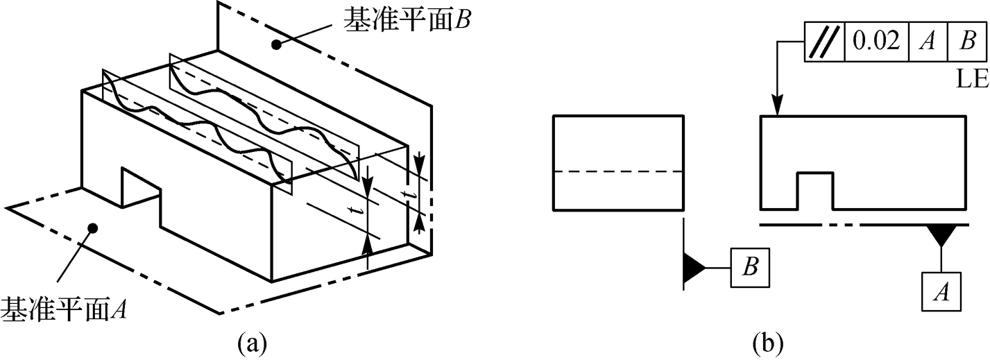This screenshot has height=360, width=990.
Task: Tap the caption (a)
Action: tap(251, 342)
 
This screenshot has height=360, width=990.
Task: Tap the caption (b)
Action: tap(769, 342)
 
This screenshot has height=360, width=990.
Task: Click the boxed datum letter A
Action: tap(941, 292)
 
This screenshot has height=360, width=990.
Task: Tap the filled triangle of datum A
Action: tap(941, 236)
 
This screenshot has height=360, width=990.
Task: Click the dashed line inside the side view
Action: tap(619, 171)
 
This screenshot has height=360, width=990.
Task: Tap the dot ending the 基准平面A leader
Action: tap(92, 227)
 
